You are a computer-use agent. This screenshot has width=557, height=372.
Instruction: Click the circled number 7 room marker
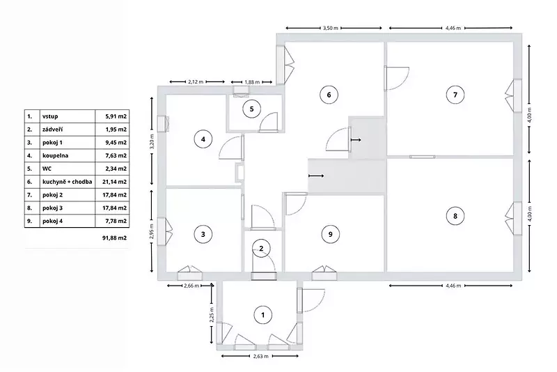(455, 95)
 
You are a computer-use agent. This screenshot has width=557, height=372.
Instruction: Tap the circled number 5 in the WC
(252, 109)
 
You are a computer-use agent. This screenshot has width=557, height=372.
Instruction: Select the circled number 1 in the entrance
(263, 315)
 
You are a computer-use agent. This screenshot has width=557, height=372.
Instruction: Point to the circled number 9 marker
(330, 234)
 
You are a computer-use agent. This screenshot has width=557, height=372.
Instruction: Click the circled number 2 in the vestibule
(262, 249)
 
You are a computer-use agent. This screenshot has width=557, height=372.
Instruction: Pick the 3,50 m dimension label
(330, 28)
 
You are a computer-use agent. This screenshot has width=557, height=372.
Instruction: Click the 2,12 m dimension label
(196, 82)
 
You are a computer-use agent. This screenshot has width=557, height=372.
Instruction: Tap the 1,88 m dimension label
(252, 82)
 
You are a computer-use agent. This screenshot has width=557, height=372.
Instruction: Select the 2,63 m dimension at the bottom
(260, 356)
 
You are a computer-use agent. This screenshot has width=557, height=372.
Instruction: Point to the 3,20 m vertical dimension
(152, 141)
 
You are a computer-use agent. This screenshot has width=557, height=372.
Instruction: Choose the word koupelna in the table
(56, 155)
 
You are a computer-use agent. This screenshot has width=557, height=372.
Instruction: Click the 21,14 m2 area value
(114, 182)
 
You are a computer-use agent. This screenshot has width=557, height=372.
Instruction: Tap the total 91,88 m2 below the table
(114, 238)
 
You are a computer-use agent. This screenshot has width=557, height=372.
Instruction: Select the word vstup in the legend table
(50, 116)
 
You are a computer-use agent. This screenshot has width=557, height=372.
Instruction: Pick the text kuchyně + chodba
(67, 182)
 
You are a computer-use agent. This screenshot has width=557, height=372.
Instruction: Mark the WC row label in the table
(47, 169)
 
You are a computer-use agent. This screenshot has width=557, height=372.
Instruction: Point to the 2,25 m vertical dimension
(212, 314)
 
